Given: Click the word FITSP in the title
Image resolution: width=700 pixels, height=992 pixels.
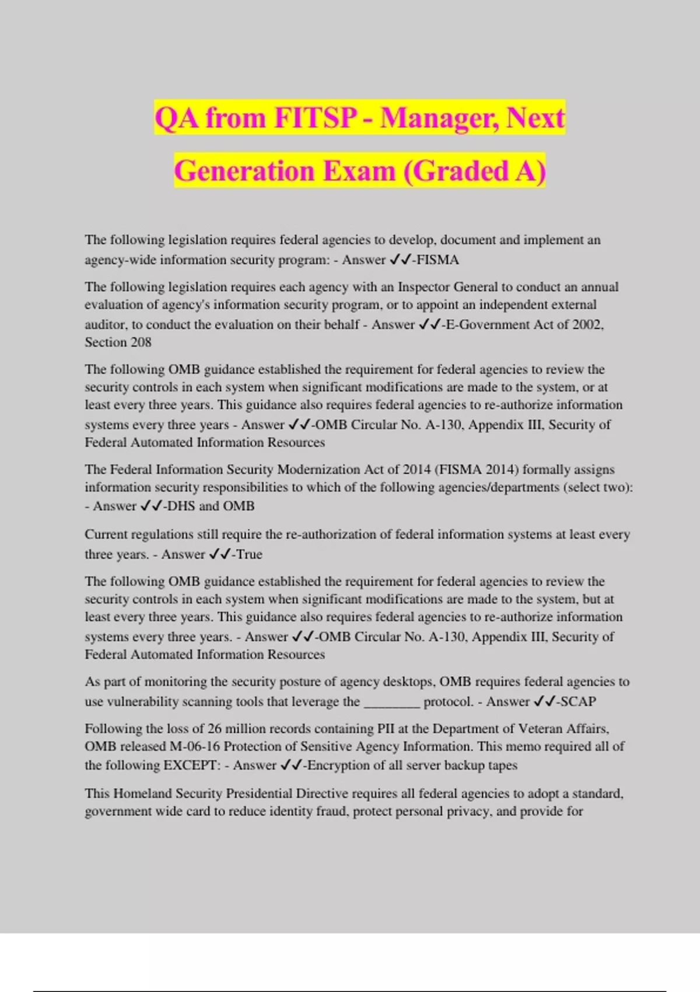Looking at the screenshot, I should click(314, 118).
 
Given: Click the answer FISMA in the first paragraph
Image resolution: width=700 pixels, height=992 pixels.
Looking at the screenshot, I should click(438, 260).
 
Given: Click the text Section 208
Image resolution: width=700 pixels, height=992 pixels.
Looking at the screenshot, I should click(118, 343).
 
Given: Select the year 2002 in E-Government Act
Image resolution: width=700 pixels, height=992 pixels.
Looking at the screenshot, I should click(587, 325).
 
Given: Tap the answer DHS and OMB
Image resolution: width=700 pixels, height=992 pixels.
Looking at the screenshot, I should click(210, 507).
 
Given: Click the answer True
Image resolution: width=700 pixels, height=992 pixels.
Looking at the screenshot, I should click(249, 554).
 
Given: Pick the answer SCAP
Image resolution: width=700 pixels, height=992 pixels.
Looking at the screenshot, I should click(578, 702).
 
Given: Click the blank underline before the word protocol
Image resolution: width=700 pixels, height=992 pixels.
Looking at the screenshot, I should click(391, 702).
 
